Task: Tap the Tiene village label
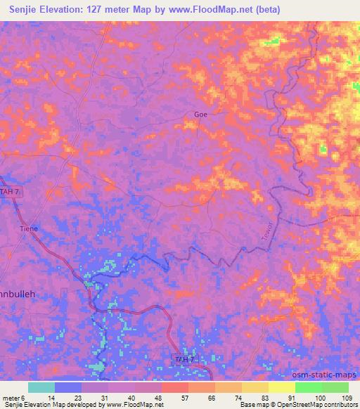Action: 28,228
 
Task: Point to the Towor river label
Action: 267,233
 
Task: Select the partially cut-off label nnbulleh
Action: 27,295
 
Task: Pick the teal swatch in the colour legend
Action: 41,387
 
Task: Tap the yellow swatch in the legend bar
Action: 281,387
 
